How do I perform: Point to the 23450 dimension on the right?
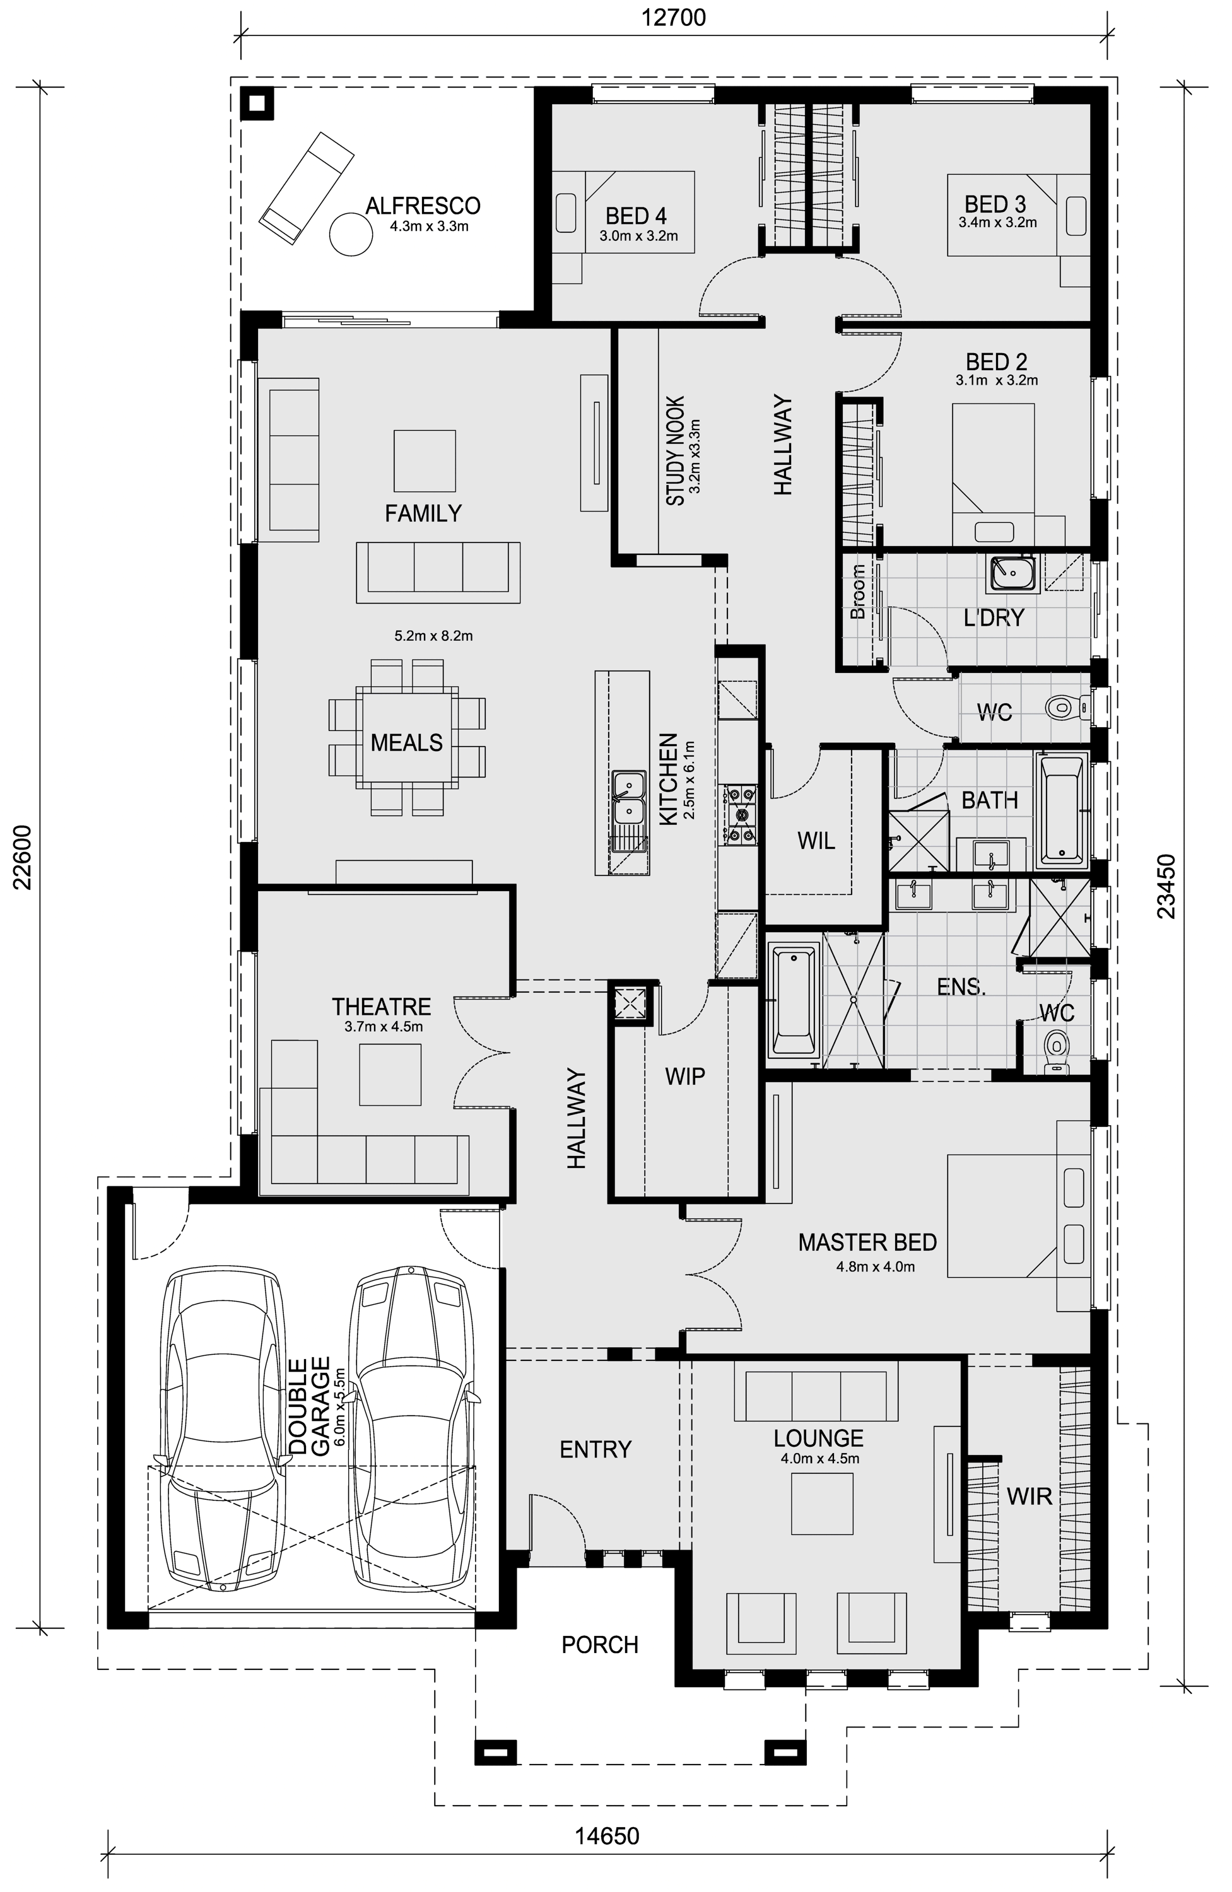(1165, 886)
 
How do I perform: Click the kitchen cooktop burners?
(741, 814)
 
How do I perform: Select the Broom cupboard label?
(857, 592)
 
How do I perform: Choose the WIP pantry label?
(685, 1077)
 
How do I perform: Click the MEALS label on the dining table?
(406, 742)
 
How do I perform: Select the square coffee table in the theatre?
(390, 1074)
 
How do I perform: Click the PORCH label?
(600, 1645)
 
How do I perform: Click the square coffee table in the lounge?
(823, 1504)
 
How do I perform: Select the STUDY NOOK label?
(675, 451)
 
